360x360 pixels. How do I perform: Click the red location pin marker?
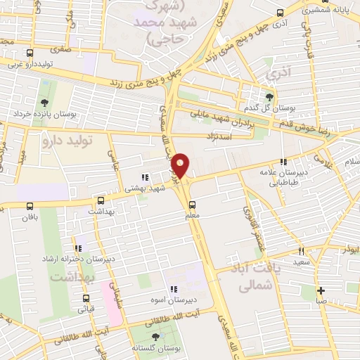(x=181, y=165)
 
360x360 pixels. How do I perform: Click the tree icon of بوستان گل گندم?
(x=270, y=96)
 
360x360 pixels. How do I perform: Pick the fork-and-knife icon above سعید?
(x=301, y=251)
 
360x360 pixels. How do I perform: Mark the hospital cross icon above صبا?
(x=321, y=290)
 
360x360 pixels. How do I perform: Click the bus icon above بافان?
(x=30, y=206)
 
